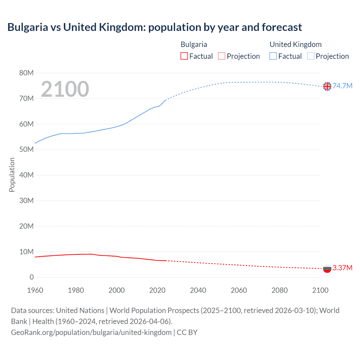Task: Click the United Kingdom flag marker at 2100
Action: pyautogui.click(x=327, y=86)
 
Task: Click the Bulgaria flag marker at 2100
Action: pyautogui.click(x=327, y=268)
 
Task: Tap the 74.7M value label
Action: pyautogui.click(x=343, y=86)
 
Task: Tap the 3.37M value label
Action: pyautogui.click(x=343, y=268)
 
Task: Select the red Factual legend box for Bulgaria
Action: pyautogui.click(x=184, y=56)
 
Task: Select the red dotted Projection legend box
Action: pyautogui.click(x=222, y=56)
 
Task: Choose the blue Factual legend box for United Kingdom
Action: pyautogui.click(x=273, y=56)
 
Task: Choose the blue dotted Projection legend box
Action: pyautogui.click(x=311, y=56)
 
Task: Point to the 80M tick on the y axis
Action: pyautogui.click(x=26, y=73)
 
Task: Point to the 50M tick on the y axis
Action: pyautogui.click(x=26, y=150)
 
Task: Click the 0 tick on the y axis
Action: pyautogui.click(x=31, y=277)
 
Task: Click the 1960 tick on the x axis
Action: pyautogui.click(x=35, y=290)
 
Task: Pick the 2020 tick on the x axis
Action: pyautogui.click(x=157, y=290)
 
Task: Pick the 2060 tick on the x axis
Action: pyautogui.click(x=239, y=290)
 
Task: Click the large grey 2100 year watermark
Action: pyautogui.click(x=65, y=89)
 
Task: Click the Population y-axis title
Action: pyautogui.click(x=12, y=175)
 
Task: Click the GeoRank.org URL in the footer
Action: pyautogui.click(x=91, y=332)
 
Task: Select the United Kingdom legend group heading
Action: pyautogui.click(x=296, y=44)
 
